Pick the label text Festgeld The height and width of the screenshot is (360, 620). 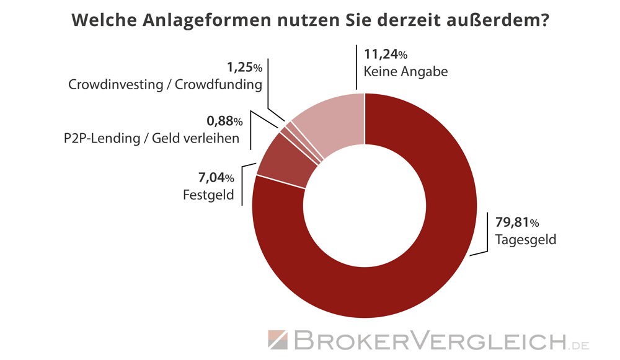pos(208,196)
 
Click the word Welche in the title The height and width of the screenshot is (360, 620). pos(98,21)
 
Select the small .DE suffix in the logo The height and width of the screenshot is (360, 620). pos(580,343)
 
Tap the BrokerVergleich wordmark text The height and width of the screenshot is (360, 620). pos(428,340)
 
